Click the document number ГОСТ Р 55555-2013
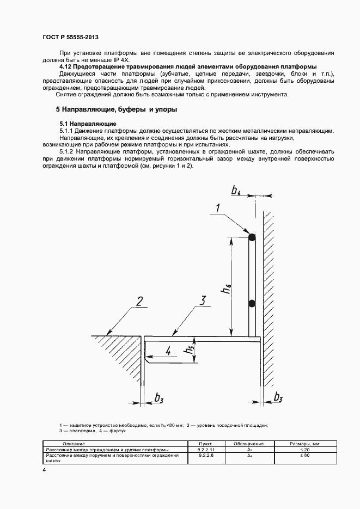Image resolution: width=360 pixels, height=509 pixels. coord(70,35)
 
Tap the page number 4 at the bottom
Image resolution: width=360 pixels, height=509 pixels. coord(44,469)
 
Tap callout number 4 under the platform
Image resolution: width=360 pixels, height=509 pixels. coord(168,352)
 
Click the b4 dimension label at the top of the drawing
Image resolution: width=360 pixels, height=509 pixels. coord(236,191)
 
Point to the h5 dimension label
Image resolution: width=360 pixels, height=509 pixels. coord(189,352)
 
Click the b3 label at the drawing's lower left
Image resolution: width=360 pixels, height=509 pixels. coord(159,398)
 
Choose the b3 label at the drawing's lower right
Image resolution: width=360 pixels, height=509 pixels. coord(278,396)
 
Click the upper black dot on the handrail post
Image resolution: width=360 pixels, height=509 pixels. coord(252,237)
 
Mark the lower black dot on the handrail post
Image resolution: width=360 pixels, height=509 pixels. coord(252,303)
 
